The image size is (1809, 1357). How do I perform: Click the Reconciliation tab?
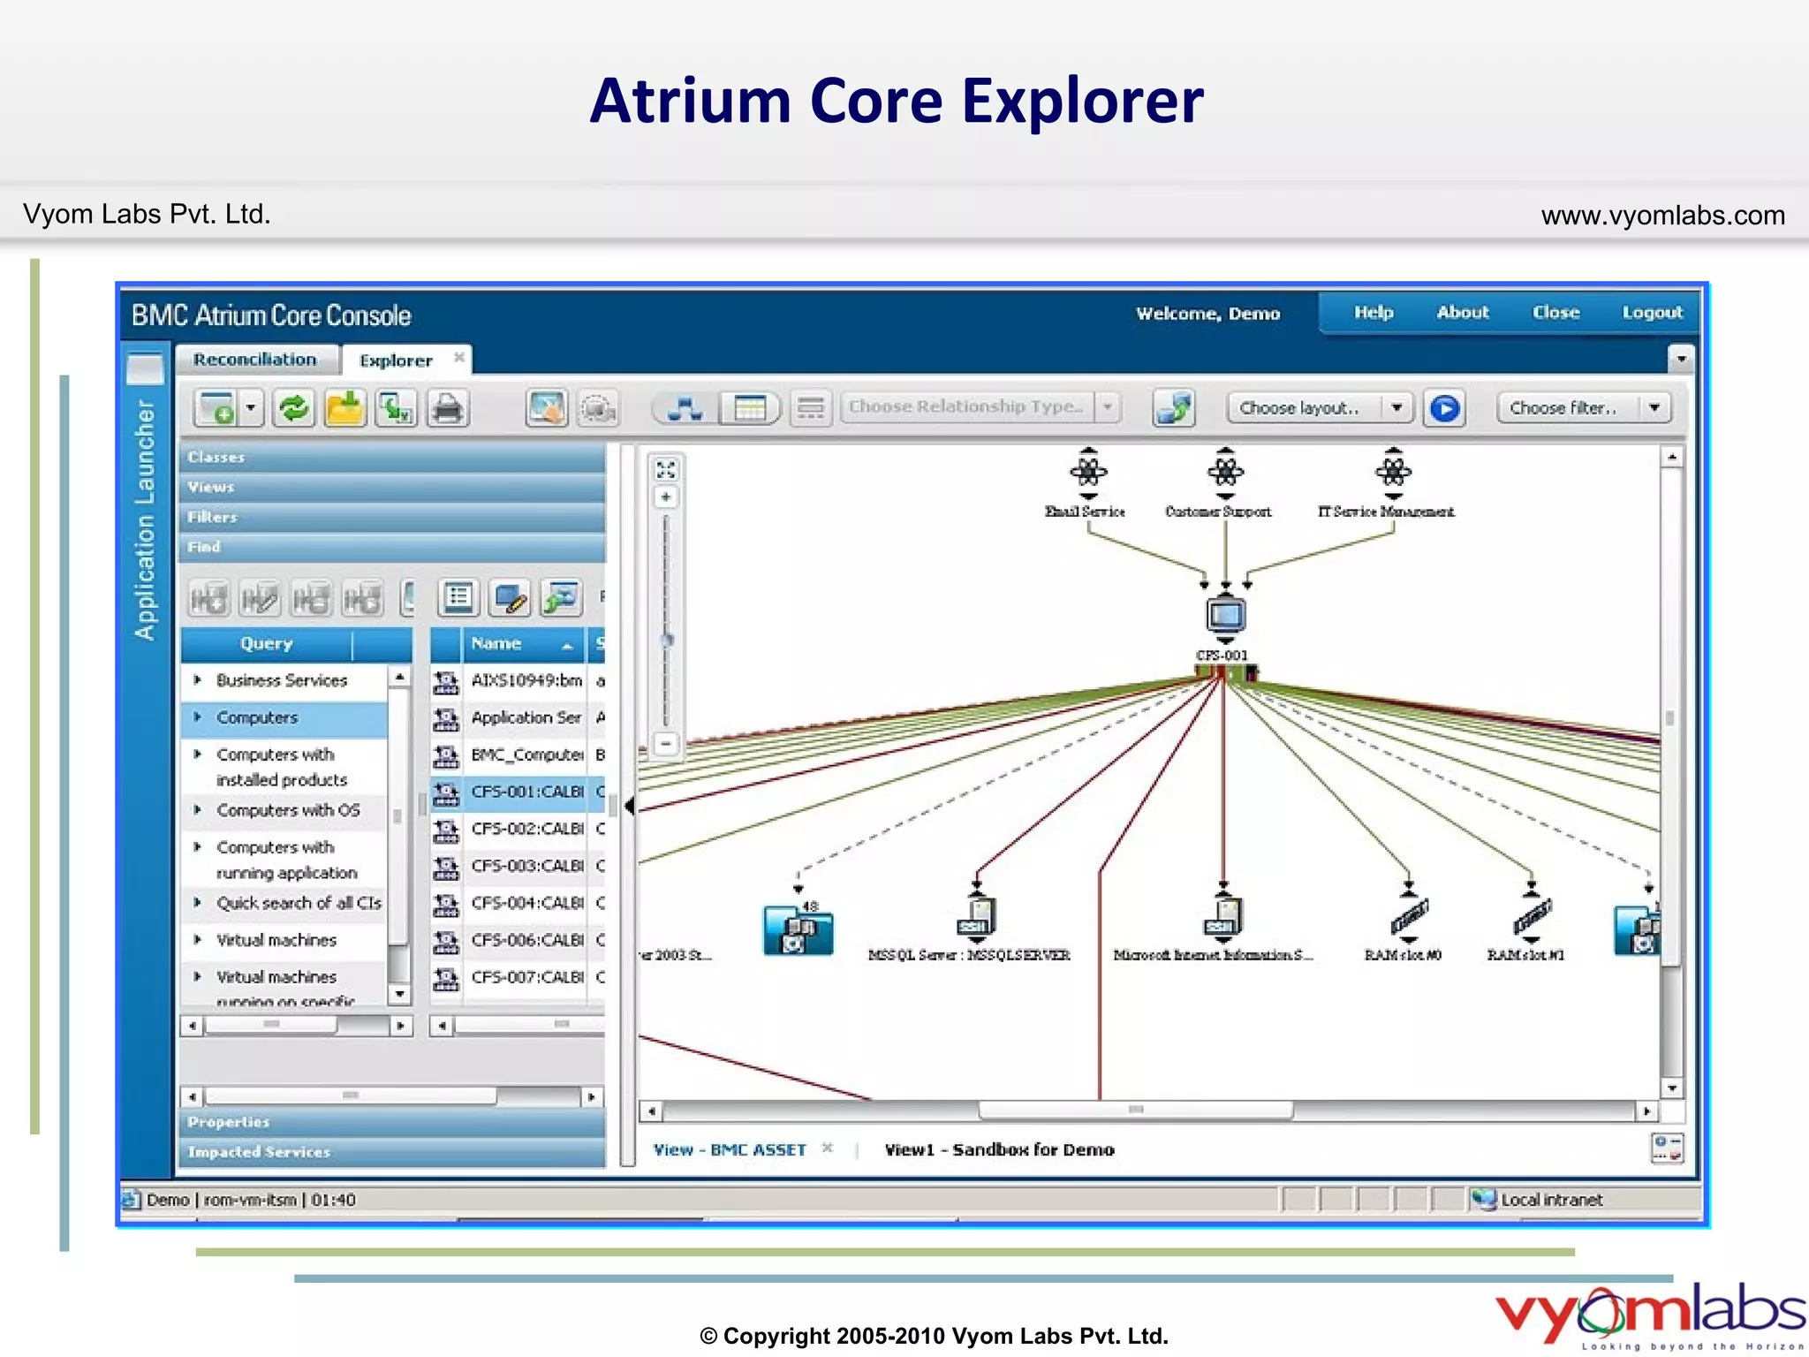tap(255, 360)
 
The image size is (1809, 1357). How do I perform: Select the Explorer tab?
tap(396, 360)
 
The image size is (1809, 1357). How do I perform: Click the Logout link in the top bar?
tap(1652, 313)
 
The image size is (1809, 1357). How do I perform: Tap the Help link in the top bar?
tap(1374, 313)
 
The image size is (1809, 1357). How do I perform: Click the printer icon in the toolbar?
tap(448, 409)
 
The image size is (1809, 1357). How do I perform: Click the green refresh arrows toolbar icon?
tap(293, 409)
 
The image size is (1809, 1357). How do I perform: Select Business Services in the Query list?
tap(282, 680)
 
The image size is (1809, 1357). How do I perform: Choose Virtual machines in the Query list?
tap(276, 940)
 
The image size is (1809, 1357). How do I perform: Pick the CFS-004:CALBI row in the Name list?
tap(526, 903)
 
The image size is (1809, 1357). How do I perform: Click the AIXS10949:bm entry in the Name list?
tap(526, 680)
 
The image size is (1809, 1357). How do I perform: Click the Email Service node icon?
tap(1088, 471)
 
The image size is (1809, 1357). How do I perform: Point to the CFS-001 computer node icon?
tap(1225, 615)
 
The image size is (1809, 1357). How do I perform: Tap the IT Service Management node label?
tap(1386, 512)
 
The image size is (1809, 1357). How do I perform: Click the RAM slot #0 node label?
tap(1403, 955)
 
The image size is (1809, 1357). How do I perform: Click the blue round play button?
tap(1445, 408)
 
